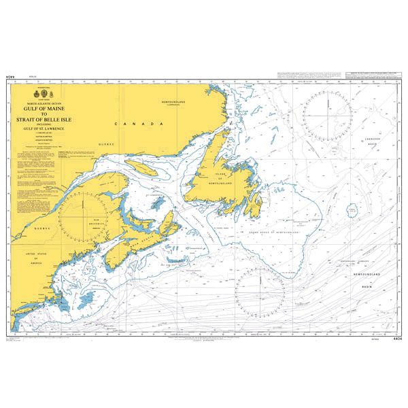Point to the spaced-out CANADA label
click(x=139, y=124)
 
